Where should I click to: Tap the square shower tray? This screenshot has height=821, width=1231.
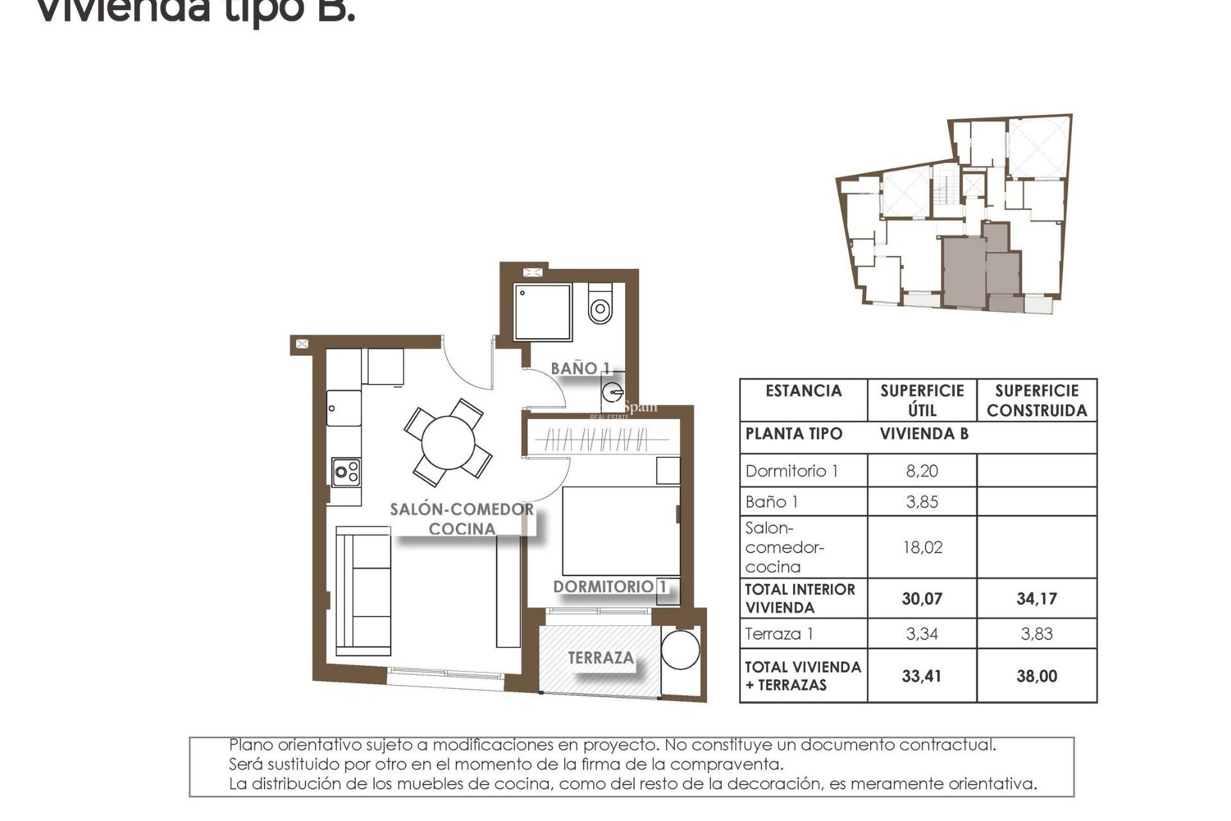(542, 312)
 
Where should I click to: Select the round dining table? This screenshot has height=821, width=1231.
(448, 443)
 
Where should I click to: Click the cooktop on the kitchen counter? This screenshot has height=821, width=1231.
(346, 473)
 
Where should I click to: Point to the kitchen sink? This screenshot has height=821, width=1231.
(344, 408)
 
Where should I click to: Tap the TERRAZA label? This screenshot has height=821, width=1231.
(600, 657)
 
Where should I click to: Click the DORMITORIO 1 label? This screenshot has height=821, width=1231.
(609, 586)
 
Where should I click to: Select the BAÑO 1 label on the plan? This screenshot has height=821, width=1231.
(580, 368)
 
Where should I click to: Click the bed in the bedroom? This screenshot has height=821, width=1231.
(620, 531)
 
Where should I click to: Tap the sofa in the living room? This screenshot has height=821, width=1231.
(363, 590)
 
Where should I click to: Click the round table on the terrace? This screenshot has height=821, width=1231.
(680, 650)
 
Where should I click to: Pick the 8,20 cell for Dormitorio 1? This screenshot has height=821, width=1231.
(921, 471)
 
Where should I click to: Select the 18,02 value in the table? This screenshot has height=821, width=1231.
(921, 547)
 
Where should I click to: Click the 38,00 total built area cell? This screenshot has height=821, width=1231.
(1036, 675)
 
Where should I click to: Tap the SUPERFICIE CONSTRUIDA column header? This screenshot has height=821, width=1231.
(1036, 400)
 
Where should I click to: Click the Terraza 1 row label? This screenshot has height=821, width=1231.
(779, 634)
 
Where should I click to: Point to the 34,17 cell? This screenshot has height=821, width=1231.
(1036, 598)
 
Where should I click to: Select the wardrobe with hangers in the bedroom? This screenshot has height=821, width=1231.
(596, 440)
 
